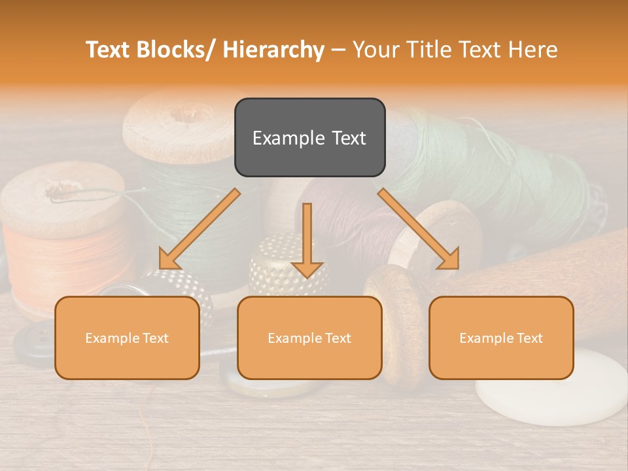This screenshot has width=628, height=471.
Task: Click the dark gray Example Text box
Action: pyautogui.click(x=309, y=137)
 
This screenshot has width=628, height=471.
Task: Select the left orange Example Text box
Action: pyautogui.click(x=127, y=338)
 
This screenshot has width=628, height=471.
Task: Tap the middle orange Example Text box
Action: pyautogui.click(x=309, y=338)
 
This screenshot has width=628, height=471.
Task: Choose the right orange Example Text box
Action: pyautogui.click(x=501, y=338)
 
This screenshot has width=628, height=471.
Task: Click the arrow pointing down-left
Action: pyautogui.click(x=200, y=229)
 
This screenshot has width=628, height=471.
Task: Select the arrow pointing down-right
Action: pyautogui.click(x=419, y=229)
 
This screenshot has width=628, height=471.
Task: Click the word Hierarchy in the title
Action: pyautogui.click(x=273, y=50)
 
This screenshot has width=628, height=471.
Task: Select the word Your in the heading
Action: pyautogui.click(x=375, y=50)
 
